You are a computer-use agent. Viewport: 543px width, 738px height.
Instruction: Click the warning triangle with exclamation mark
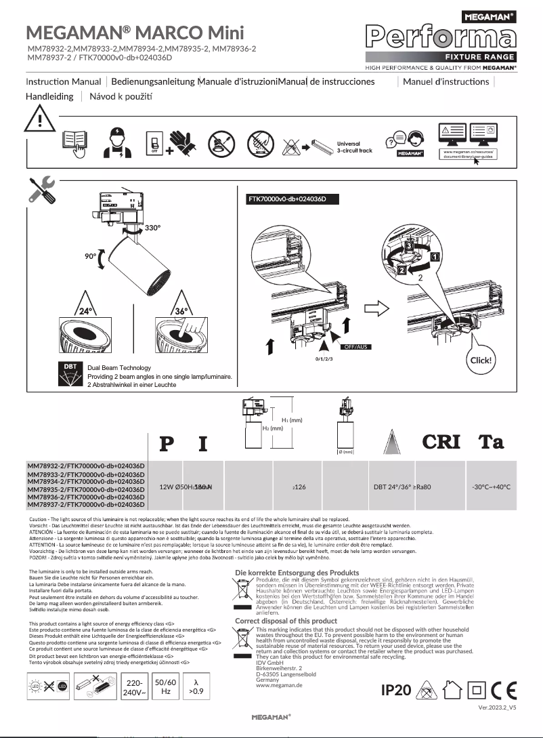(40, 121)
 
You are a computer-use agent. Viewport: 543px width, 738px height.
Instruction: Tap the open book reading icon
(75, 144)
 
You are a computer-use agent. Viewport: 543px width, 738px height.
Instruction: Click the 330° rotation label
(152, 228)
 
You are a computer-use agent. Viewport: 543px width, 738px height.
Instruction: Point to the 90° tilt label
(91, 257)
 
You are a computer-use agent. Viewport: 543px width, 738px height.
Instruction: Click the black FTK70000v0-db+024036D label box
(291, 199)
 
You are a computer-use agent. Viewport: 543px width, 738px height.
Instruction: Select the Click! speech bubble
(481, 360)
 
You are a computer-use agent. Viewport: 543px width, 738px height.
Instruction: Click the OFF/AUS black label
(358, 346)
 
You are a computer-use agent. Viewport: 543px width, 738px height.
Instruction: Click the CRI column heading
(442, 443)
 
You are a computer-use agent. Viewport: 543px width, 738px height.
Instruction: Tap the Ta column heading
(491, 443)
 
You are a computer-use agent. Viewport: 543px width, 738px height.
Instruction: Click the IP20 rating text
(396, 690)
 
